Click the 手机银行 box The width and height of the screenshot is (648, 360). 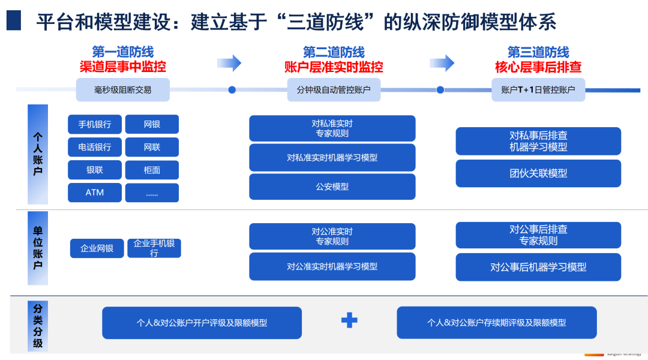tap(95, 124)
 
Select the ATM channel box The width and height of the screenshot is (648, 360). tap(95, 193)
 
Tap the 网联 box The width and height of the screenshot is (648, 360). tap(152, 147)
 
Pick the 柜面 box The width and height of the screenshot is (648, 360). tap(152, 170)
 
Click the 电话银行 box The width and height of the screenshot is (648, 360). tap(95, 147)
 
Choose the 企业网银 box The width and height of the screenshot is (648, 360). tap(97, 248)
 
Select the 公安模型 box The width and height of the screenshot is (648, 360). tap(332, 187)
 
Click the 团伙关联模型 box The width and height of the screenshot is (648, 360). tap(538, 173)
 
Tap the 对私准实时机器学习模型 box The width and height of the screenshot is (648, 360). tap(332, 158)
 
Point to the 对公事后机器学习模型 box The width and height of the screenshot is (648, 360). tap(538, 267)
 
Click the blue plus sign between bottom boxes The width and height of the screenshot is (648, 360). tap(349, 320)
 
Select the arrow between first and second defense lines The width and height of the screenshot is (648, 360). tap(229, 63)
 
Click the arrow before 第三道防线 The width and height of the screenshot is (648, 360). tap(442, 62)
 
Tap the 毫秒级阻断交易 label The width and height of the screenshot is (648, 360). tap(123, 90)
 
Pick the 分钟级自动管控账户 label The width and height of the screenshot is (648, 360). tap(334, 90)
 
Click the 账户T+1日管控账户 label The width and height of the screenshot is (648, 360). tap(538, 90)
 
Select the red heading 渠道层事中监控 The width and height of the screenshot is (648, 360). tap(123, 67)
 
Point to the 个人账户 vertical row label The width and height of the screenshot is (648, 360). tap(38, 154)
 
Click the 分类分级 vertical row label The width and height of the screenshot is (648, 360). tap(38, 326)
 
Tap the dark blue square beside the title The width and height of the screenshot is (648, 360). tap(14, 20)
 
